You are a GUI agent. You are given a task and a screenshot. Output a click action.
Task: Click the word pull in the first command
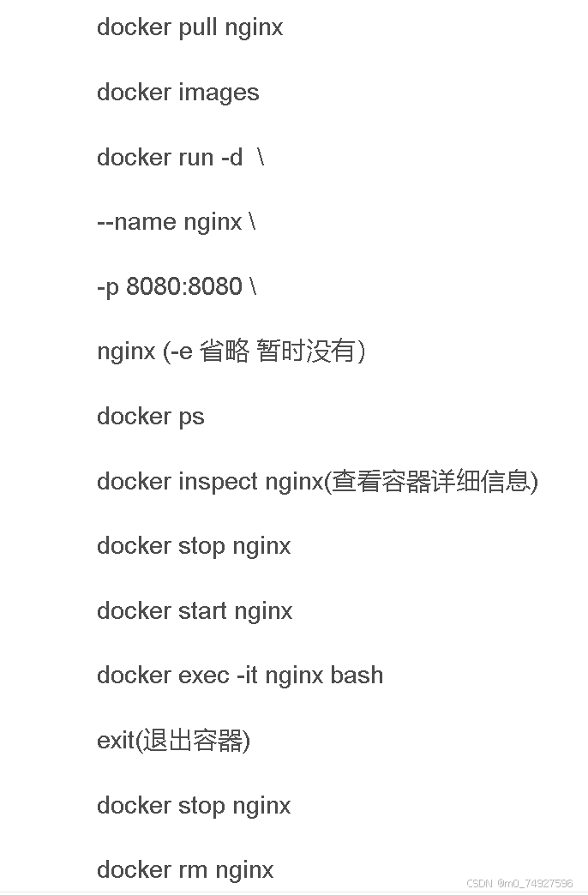point(197,27)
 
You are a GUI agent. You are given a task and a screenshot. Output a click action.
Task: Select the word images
point(219,93)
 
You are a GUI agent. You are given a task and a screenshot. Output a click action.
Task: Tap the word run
point(196,158)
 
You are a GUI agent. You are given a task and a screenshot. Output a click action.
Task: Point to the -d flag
point(231,158)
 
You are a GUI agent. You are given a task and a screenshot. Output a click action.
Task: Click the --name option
point(136,222)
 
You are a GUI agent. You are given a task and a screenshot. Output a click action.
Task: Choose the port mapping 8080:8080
point(184,286)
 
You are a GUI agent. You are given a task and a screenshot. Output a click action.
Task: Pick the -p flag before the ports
point(108,287)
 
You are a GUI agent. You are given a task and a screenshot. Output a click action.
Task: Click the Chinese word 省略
point(224,351)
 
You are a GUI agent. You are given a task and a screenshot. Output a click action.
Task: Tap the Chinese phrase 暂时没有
point(305,351)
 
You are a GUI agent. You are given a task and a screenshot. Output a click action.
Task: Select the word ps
point(191,417)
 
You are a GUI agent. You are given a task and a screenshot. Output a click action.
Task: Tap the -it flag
point(247,676)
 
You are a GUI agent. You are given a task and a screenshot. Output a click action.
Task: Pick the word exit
point(116,741)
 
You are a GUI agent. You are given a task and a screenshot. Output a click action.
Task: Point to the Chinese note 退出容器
point(193,741)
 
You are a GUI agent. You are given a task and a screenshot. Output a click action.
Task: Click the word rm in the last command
point(194,870)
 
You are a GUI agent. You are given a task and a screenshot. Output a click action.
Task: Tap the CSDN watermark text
point(519,883)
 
